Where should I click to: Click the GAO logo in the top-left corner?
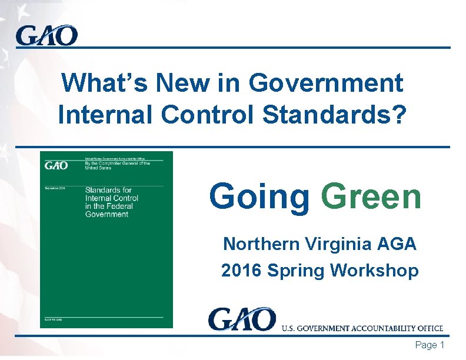(x=46, y=36)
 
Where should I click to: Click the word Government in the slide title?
(x=326, y=83)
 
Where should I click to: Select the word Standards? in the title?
(x=334, y=115)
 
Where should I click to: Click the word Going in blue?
(x=259, y=196)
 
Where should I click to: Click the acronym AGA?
(x=397, y=244)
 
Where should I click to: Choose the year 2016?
(x=241, y=271)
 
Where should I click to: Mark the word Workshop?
(x=374, y=271)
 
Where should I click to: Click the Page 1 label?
(x=430, y=345)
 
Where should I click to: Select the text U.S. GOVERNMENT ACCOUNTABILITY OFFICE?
(x=362, y=328)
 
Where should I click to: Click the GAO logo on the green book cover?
(x=56, y=165)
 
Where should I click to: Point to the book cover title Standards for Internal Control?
(x=108, y=202)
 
